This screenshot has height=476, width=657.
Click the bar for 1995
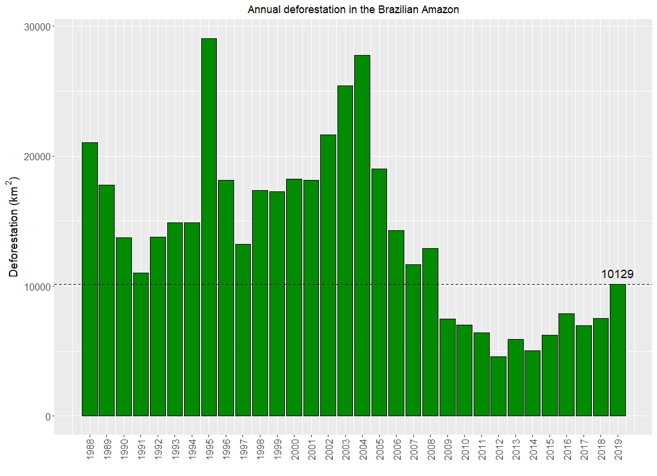pos(208,227)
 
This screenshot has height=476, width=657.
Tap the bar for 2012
pos(498,386)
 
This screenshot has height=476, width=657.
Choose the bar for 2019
pos(618,350)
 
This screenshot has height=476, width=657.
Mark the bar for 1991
pos(140,344)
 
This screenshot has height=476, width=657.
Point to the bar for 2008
pos(430,332)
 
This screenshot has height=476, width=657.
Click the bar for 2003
pos(345,251)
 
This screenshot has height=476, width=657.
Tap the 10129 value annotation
pos(617,274)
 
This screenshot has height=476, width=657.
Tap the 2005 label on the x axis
pos(379,450)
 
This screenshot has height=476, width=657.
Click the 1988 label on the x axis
pos(90,450)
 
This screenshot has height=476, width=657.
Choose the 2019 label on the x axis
pos(618,450)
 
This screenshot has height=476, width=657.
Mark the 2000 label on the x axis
pos(294,450)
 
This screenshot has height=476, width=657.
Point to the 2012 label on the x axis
pos(498,450)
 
